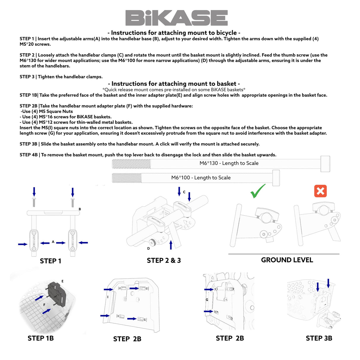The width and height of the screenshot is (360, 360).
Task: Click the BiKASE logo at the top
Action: click(176, 18)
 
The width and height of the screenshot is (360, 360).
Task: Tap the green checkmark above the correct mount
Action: click(258, 191)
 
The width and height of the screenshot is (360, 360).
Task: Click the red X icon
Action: click(320, 191)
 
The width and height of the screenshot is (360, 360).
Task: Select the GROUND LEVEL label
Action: click(287, 260)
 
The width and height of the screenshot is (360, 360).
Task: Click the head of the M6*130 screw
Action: click(325, 164)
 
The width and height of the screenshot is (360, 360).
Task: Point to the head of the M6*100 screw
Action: click(276, 178)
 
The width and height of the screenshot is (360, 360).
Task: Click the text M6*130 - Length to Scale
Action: click(229, 163)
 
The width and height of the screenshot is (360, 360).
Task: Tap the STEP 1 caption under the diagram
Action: click(50, 261)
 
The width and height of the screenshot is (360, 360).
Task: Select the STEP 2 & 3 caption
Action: click(164, 260)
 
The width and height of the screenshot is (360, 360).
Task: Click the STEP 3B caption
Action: click(319, 338)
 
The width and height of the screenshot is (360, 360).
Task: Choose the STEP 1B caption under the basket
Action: click(41, 338)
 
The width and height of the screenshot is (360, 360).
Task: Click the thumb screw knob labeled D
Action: click(152, 243)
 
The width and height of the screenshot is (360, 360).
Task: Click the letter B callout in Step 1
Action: click(80, 209)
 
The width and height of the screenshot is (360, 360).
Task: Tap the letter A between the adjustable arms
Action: click(53, 242)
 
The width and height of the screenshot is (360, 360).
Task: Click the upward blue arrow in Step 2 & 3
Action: click(171, 245)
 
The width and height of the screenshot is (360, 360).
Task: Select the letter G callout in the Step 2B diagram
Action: click(207, 300)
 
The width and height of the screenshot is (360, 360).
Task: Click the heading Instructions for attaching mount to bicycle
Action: click(174, 33)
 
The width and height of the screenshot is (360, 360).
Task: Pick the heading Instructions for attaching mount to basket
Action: click(174, 84)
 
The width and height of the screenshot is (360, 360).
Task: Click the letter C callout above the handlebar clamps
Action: click(184, 192)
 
